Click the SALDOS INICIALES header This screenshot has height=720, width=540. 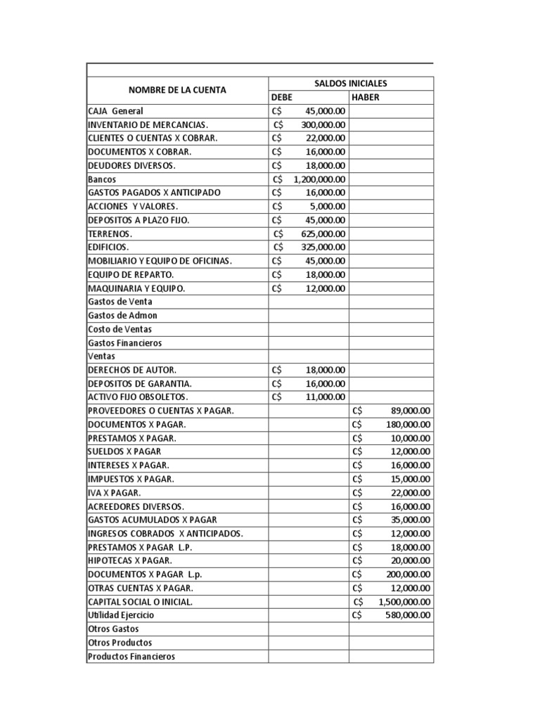[351, 84]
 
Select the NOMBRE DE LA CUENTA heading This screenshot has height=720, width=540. [177, 91]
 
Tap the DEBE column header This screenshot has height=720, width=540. [281, 98]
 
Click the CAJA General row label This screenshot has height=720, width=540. [117, 111]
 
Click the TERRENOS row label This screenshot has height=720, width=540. [110, 233]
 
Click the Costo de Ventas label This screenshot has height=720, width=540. [120, 329]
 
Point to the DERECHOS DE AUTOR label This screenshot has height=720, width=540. [132, 370]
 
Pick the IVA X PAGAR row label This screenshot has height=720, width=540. [114, 493]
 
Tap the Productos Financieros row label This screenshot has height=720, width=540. [131, 657]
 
